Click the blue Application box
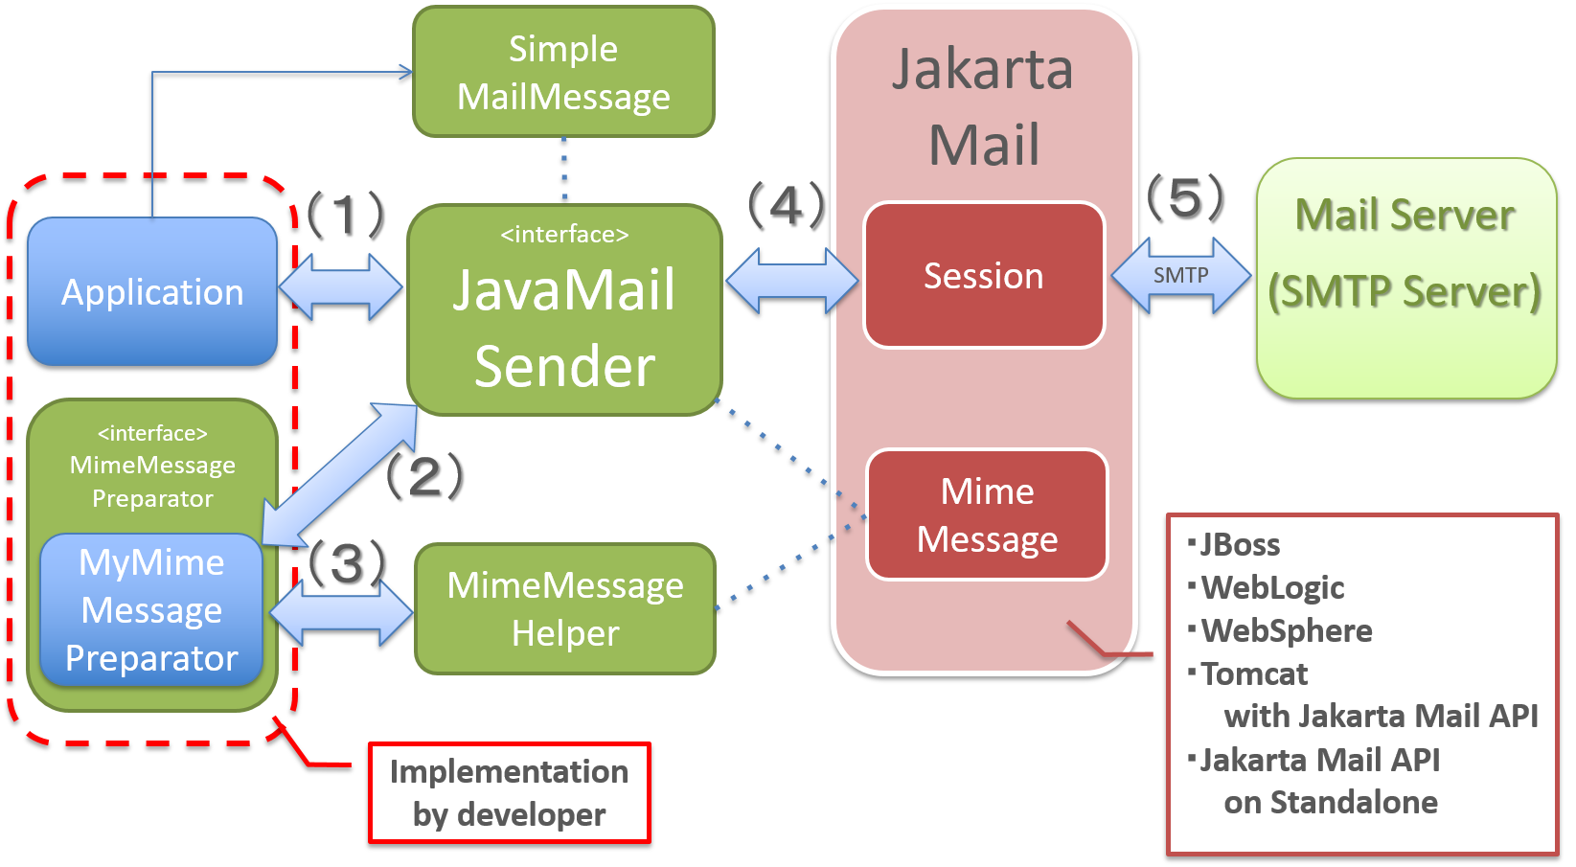[152, 291]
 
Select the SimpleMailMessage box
[563, 73]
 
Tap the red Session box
[984, 276]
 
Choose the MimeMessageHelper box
[565, 609]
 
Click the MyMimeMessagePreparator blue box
[151, 610]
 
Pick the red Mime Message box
[987, 515]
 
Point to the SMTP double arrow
[1180, 276]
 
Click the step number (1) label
[345, 213]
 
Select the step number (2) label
[423, 475]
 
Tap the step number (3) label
[347, 562]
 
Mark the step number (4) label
[786, 204]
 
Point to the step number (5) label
[1185, 197]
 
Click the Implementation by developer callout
[510, 793]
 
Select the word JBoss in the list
[1240, 545]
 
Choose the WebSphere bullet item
[1286, 631]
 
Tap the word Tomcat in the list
[1254, 674]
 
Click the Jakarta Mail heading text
[983, 107]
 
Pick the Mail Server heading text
[1405, 216]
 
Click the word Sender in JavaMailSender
[564, 367]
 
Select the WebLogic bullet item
[1272, 588]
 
